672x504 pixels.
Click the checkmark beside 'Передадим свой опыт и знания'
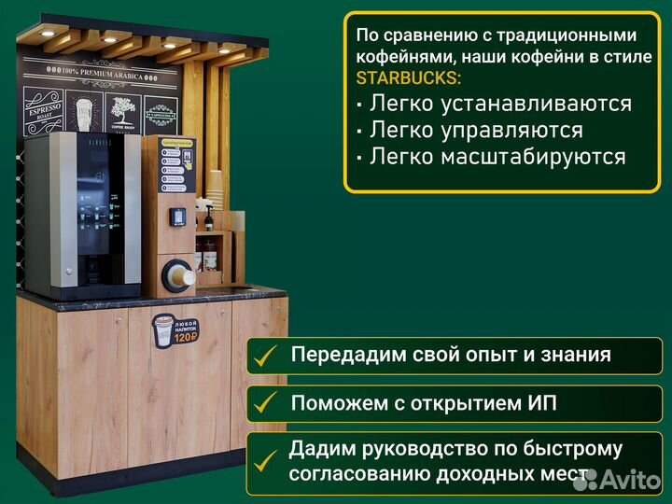[267, 356]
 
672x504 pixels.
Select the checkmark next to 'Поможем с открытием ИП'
[267, 403]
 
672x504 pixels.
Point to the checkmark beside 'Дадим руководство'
[267, 461]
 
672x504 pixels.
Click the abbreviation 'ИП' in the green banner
[541, 403]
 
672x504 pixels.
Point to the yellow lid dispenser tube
[177, 275]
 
